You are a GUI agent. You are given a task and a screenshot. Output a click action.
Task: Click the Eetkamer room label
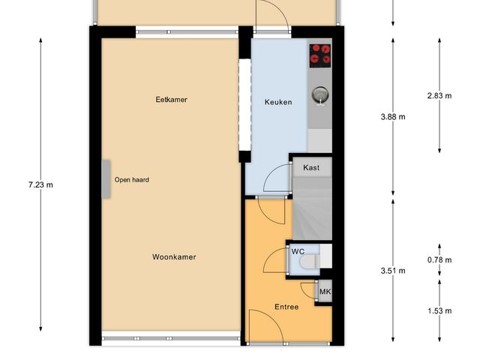[x=171, y=98]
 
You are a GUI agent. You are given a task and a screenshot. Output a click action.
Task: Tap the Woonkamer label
[x=174, y=256]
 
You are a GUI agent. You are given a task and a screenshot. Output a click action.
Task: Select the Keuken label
[x=278, y=102]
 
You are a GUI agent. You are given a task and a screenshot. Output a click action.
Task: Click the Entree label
[x=286, y=307]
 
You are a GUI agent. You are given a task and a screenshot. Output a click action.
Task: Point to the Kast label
[x=311, y=167]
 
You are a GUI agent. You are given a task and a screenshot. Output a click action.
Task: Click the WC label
[x=297, y=252]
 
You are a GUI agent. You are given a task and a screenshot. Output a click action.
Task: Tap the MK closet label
[x=325, y=292]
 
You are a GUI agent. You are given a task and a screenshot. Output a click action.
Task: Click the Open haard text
[x=131, y=180]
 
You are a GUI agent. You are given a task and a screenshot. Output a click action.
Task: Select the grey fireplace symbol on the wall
[x=107, y=180]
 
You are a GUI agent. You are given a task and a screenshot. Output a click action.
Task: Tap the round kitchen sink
[x=321, y=94]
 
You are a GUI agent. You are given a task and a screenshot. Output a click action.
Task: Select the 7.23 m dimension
[x=40, y=184]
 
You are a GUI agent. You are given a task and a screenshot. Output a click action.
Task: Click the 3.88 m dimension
[x=393, y=116]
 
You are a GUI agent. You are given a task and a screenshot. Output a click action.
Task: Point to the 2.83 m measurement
[x=439, y=95]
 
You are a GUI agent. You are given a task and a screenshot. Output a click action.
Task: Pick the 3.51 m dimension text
[x=393, y=271]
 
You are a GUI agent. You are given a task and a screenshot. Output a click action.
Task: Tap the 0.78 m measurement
[x=439, y=260]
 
